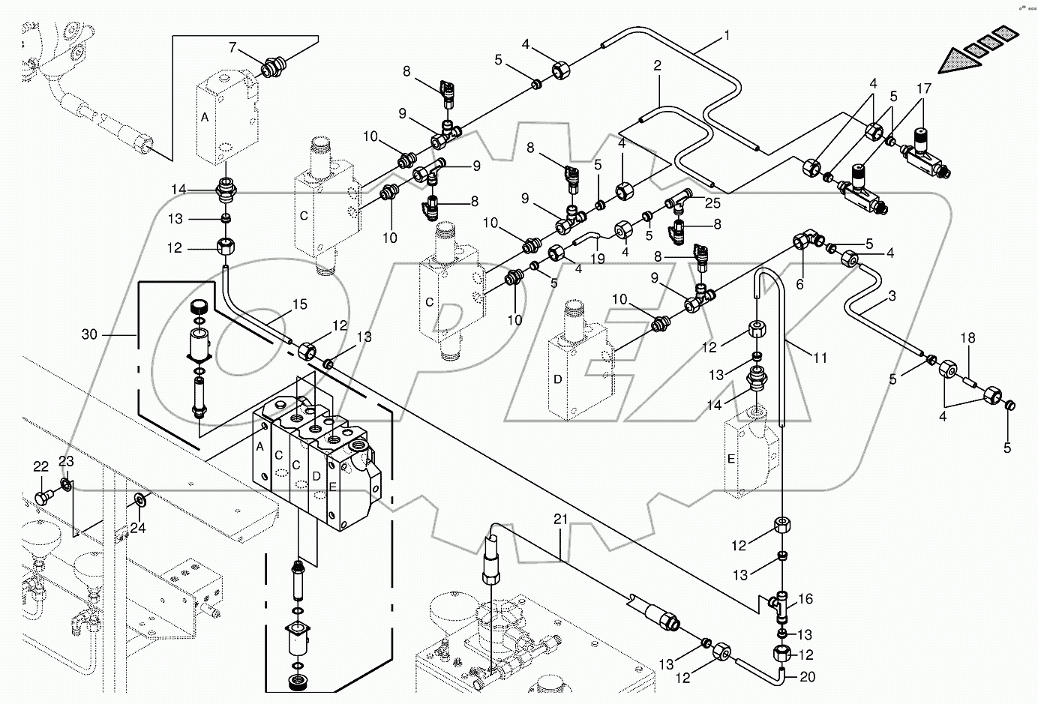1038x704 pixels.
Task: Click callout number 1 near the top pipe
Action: [x=726, y=34]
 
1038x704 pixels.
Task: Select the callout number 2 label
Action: [x=657, y=66]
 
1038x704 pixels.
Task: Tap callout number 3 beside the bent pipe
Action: [x=892, y=296]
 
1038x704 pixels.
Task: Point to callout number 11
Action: [x=820, y=358]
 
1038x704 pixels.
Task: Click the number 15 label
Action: [x=299, y=305]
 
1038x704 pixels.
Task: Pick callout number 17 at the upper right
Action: [x=922, y=88]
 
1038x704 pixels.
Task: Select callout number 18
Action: [x=969, y=339]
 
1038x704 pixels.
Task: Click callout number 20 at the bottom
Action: [x=806, y=676]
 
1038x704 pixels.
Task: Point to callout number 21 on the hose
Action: [x=560, y=519]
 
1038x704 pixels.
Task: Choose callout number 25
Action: [x=712, y=203]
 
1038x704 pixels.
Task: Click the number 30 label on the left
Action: [x=89, y=334]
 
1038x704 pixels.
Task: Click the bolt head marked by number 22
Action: [x=42, y=497]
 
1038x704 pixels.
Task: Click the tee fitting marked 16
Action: [x=781, y=604]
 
